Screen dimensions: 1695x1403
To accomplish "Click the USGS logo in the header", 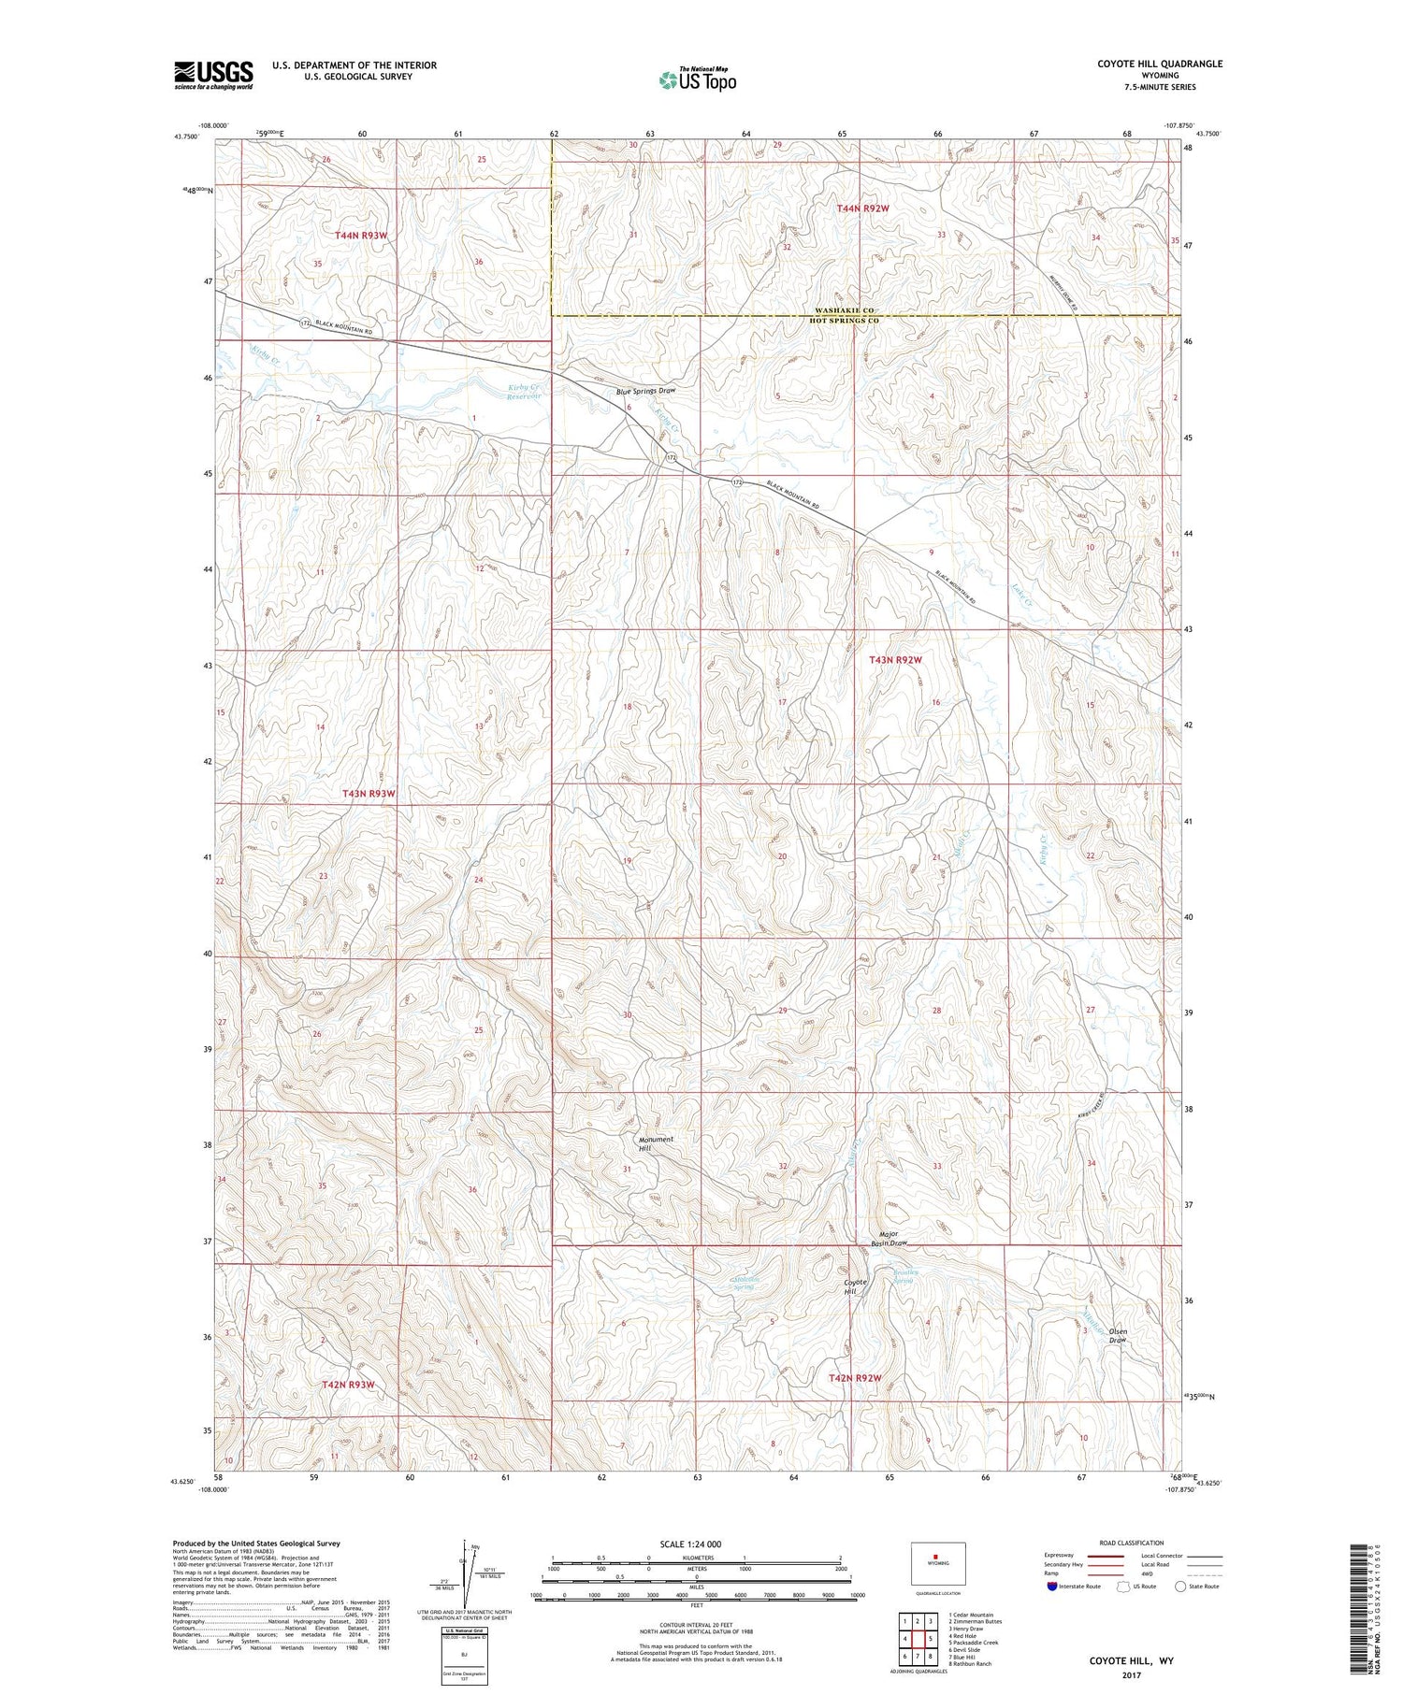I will pyautogui.click(x=213, y=75).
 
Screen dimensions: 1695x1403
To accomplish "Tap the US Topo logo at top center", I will pyautogui.click(x=698, y=79).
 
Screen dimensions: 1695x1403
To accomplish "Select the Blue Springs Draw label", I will pyautogui.click(x=645, y=391).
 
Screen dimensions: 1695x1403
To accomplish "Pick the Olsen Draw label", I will pyautogui.click(x=1118, y=1336).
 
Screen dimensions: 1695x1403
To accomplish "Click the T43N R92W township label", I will pyautogui.click(x=895, y=660).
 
